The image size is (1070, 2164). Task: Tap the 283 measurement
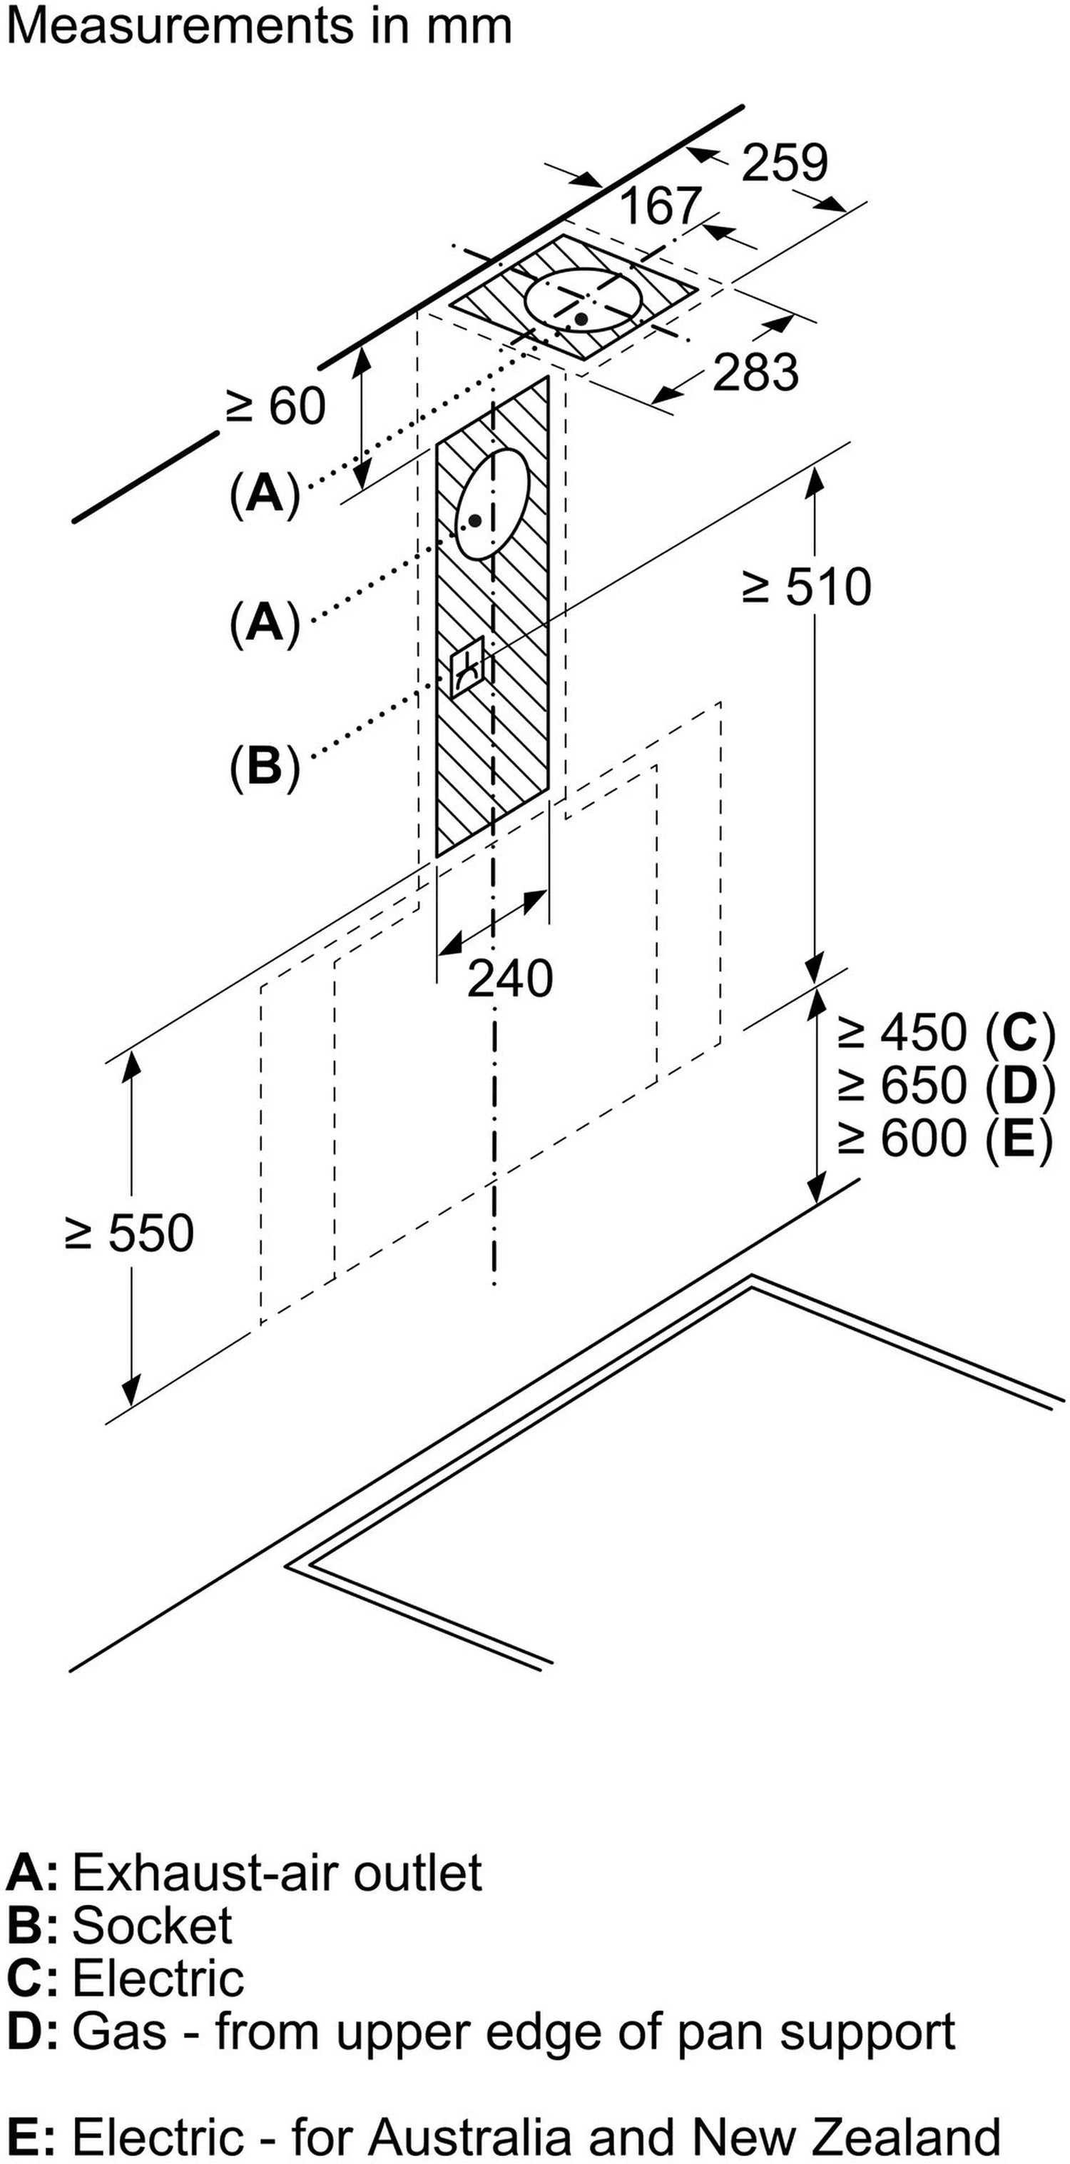click(755, 371)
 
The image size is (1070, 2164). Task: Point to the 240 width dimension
click(510, 979)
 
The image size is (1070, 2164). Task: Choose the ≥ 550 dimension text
click(129, 1233)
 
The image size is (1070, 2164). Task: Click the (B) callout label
click(265, 766)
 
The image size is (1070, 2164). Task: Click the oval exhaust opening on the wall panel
click(492, 503)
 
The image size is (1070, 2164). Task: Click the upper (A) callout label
click(265, 494)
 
